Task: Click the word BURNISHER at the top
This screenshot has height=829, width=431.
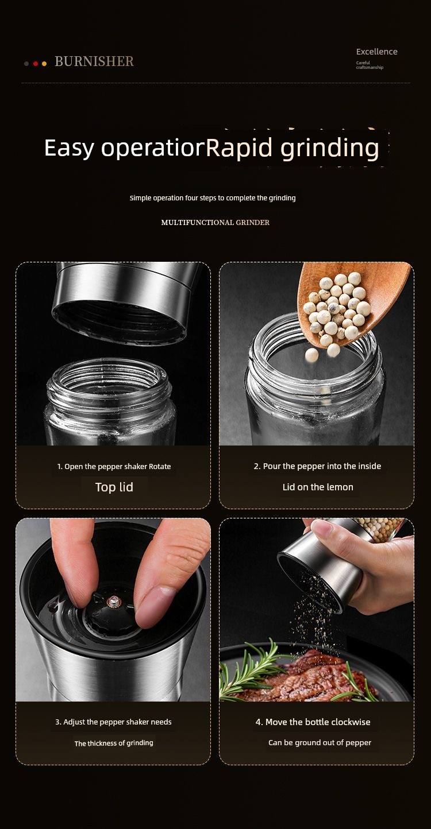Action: tap(94, 61)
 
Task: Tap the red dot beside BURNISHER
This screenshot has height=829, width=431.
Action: tap(36, 64)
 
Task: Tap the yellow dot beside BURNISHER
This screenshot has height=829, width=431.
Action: tap(44, 64)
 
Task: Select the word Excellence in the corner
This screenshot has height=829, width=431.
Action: tap(376, 52)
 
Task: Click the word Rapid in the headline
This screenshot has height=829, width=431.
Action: tap(239, 148)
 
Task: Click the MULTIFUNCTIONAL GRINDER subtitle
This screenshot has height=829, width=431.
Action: tap(215, 222)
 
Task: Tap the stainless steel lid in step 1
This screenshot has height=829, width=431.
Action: tap(124, 301)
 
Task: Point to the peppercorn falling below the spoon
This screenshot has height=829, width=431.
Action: tap(311, 355)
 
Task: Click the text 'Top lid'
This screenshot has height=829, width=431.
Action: tap(114, 487)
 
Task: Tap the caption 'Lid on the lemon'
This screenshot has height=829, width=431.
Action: tap(318, 487)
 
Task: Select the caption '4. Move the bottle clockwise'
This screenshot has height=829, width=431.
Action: tap(313, 722)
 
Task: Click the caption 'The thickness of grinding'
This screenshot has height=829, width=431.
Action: tap(114, 743)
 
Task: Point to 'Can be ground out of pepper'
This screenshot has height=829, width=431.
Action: tap(320, 743)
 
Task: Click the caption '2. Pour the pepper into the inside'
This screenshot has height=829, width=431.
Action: tap(317, 466)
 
